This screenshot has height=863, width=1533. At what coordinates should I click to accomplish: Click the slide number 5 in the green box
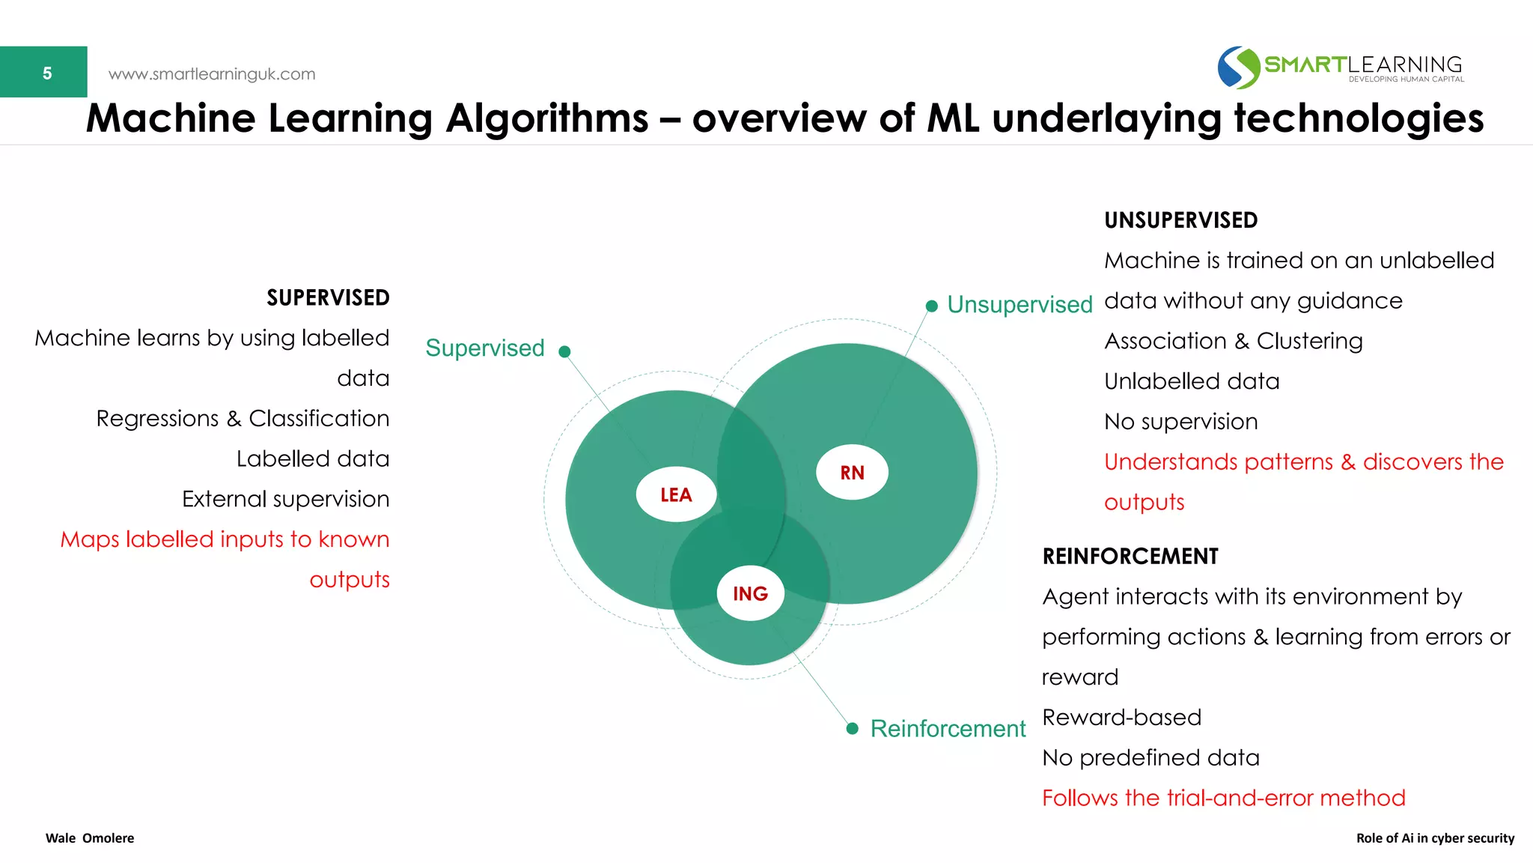[x=46, y=73]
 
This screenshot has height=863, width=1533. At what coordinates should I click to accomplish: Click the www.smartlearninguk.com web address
[x=212, y=74]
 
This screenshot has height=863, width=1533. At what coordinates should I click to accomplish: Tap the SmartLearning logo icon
[x=1239, y=67]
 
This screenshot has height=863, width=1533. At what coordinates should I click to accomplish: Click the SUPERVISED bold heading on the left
[x=328, y=298]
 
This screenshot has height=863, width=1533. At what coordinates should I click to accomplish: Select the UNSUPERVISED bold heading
[x=1180, y=220]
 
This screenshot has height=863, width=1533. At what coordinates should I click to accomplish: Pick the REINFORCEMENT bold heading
[x=1130, y=557]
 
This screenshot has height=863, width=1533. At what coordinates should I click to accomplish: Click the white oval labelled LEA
[x=676, y=494]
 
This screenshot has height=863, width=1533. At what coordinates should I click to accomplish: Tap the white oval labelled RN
[x=852, y=473]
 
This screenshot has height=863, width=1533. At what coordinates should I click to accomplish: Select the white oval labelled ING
[x=750, y=593]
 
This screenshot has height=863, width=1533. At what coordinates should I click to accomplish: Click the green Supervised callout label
[x=485, y=348]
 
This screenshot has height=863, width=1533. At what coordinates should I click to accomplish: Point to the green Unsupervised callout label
[x=1020, y=305]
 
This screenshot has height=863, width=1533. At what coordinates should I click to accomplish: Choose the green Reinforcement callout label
[x=948, y=729]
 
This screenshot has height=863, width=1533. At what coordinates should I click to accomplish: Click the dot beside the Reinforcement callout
[x=852, y=729]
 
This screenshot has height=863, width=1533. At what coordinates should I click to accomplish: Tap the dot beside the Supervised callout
[x=565, y=351]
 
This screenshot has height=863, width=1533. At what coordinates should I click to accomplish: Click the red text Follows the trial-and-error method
[x=1223, y=798]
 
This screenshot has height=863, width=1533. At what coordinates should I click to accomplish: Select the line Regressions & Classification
[x=243, y=419]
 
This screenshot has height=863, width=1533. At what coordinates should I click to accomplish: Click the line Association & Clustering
[x=1233, y=341]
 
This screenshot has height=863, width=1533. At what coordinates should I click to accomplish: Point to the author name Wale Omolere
[x=90, y=838]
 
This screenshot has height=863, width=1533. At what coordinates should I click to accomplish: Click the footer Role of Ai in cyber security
[x=1435, y=838]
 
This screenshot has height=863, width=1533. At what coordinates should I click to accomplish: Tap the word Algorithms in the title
[x=546, y=118]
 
